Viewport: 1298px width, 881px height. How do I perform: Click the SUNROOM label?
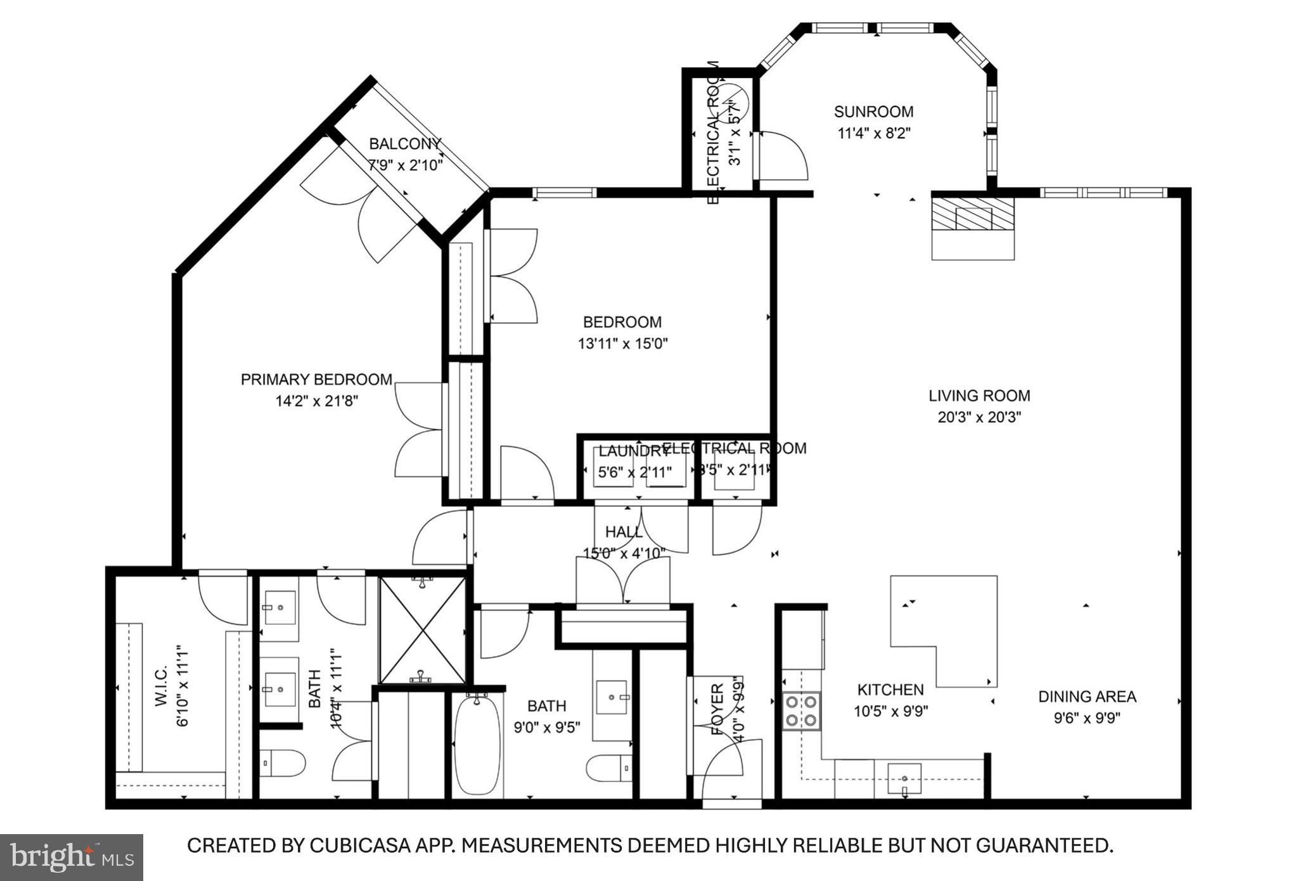[873, 112]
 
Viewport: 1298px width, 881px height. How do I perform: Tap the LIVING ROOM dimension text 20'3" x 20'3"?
[979, 418]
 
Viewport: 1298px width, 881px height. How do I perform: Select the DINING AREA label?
[1087, 697]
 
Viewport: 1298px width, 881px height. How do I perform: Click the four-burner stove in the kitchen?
[801, 711]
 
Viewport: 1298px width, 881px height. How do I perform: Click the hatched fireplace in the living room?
[972, 214]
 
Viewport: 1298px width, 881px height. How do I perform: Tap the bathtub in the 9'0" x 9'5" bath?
[477, 745]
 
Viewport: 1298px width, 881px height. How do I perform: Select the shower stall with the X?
[422, 630]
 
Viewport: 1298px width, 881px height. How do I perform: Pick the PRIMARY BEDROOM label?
[316, 380]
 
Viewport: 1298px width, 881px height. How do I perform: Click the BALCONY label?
[405, 144]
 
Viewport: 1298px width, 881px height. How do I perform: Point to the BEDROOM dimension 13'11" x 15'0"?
[622, 344]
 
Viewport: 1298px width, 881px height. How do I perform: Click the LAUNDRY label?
[633, 451]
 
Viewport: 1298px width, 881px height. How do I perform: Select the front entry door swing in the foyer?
[723, 770]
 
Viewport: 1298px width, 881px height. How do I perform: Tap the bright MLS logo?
[71, 857]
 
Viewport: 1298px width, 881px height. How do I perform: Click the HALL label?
[624, 532]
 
